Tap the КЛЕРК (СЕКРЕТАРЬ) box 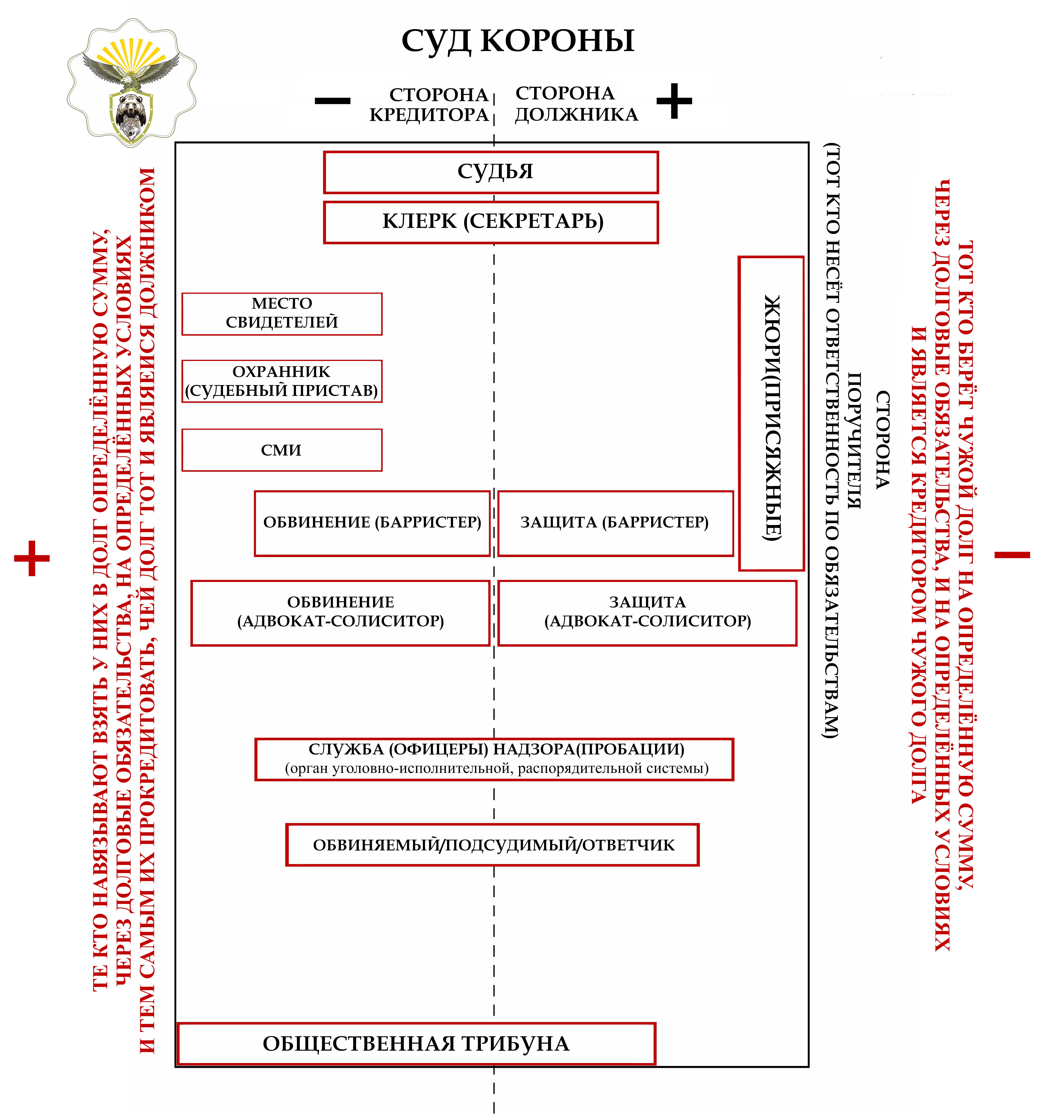click(491, 222)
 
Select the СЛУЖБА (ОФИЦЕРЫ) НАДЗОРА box click(494, 759)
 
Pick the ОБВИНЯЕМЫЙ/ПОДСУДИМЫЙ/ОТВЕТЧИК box click(492, 845)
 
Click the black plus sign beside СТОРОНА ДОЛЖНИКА click(674, 101)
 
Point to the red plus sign click(32, 558)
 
